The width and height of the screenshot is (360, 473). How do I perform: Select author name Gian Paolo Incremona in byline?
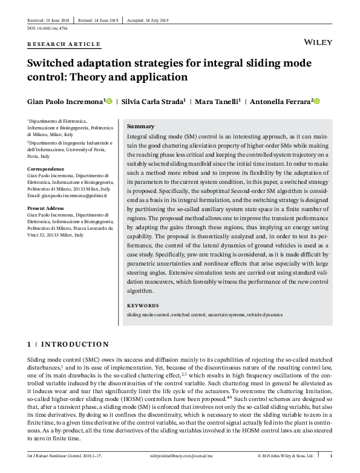click(x=66, y=101)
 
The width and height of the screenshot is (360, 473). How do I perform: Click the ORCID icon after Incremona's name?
click(x=109, y=101)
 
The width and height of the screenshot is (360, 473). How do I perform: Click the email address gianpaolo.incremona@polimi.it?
click(x=68, y=196)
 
